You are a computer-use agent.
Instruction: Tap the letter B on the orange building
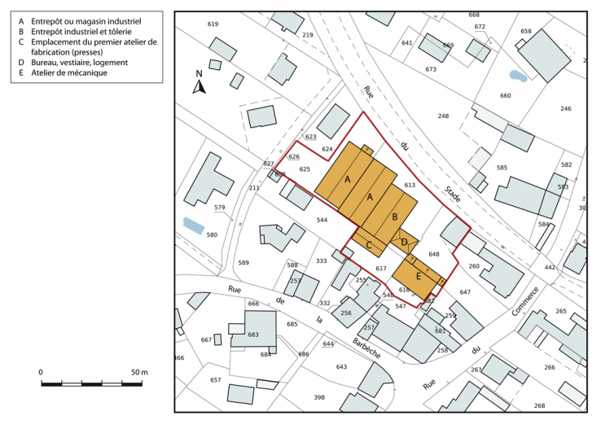click(x=395, y=217)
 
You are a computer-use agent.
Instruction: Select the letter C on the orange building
click(x=369, y=244)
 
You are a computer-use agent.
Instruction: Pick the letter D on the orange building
click(x=405, y=242)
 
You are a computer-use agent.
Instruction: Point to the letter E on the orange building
click(x=419, y=276)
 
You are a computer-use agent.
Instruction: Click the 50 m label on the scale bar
click(x=139, y=372)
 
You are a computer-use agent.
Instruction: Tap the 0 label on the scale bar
click(x=41, y=372)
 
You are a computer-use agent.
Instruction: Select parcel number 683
click(x=253, y=335)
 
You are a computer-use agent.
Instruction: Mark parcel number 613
click(x=410, y=186)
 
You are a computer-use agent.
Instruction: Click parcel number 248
click(x=443, y=116)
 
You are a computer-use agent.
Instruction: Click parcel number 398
click(x=319, y=397)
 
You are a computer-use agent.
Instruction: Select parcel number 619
click(x=213, y=24)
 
